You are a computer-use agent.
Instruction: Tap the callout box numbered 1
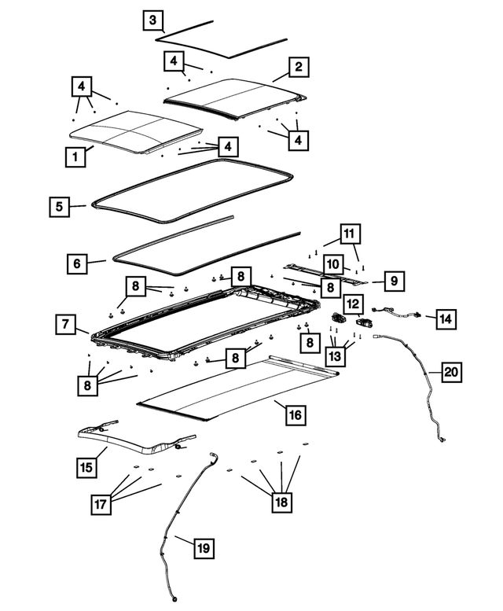(75, 156)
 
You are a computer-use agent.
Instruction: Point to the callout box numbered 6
(76, 263)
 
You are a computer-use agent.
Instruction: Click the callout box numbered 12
(352, 303)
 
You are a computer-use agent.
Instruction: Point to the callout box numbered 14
(446, 318)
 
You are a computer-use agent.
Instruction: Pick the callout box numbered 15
(87, 467)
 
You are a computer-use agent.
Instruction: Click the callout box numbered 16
(295, 414)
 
